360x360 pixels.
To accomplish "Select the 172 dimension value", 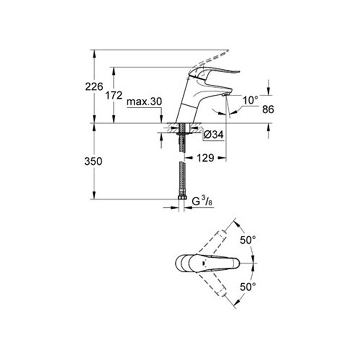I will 114,96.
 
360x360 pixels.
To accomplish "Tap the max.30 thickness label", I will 144,102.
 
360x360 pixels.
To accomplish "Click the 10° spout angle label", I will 250,100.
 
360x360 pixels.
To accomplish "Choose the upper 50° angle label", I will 248,240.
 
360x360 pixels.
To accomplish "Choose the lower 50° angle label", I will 248,287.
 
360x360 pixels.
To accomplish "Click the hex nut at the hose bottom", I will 182,198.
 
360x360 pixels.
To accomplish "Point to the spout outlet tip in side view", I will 225,95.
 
